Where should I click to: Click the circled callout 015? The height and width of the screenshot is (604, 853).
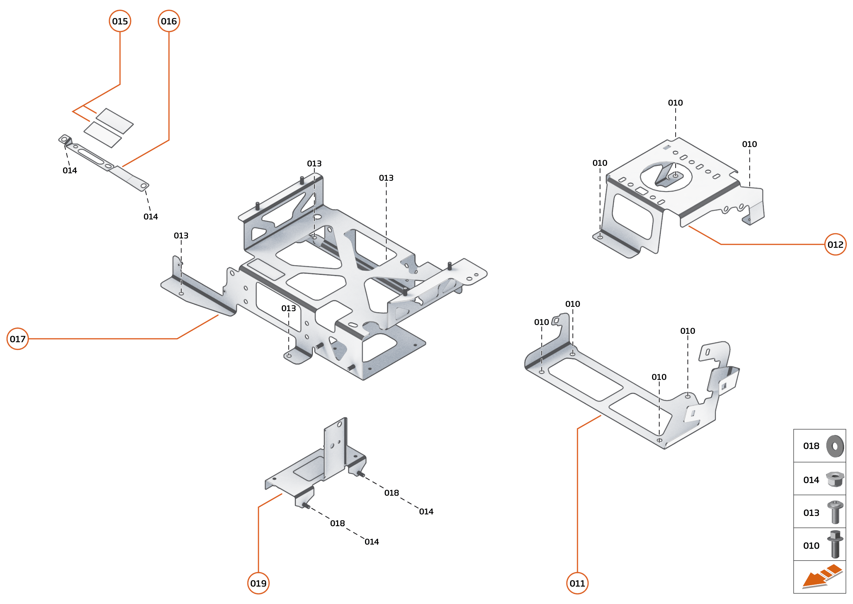(x=120, y=21)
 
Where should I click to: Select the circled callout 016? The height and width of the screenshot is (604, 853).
(x=169, y=21)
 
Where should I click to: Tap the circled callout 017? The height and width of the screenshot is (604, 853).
(x=17, y=339)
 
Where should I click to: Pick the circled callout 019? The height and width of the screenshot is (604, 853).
(x=258, y=583)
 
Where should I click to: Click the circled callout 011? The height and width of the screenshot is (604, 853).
(x=577, y=583)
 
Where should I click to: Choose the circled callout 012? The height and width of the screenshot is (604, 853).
(x=835, y=244)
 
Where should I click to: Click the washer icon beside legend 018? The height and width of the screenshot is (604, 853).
(x=835, y=446)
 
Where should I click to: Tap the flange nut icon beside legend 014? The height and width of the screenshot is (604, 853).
(x=835, y=479)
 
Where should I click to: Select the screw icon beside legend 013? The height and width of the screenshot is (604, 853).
(x=835, y=512)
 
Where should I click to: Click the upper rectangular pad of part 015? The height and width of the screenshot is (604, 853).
(x=115, y=121)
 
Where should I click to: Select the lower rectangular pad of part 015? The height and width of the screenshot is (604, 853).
(x=103, y=135)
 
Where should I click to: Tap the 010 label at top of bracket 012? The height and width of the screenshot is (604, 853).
(x=675, y=103)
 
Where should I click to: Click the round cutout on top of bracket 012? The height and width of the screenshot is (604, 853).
(x=666, y=176)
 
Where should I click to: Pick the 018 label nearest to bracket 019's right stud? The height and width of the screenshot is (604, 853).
(x=391, y=493)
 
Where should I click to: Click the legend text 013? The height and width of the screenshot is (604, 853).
(x=811, y=513)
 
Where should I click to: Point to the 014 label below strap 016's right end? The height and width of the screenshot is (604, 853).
(x=150, y=216)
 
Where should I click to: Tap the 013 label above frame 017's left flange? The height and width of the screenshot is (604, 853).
(x=181, y=236)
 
